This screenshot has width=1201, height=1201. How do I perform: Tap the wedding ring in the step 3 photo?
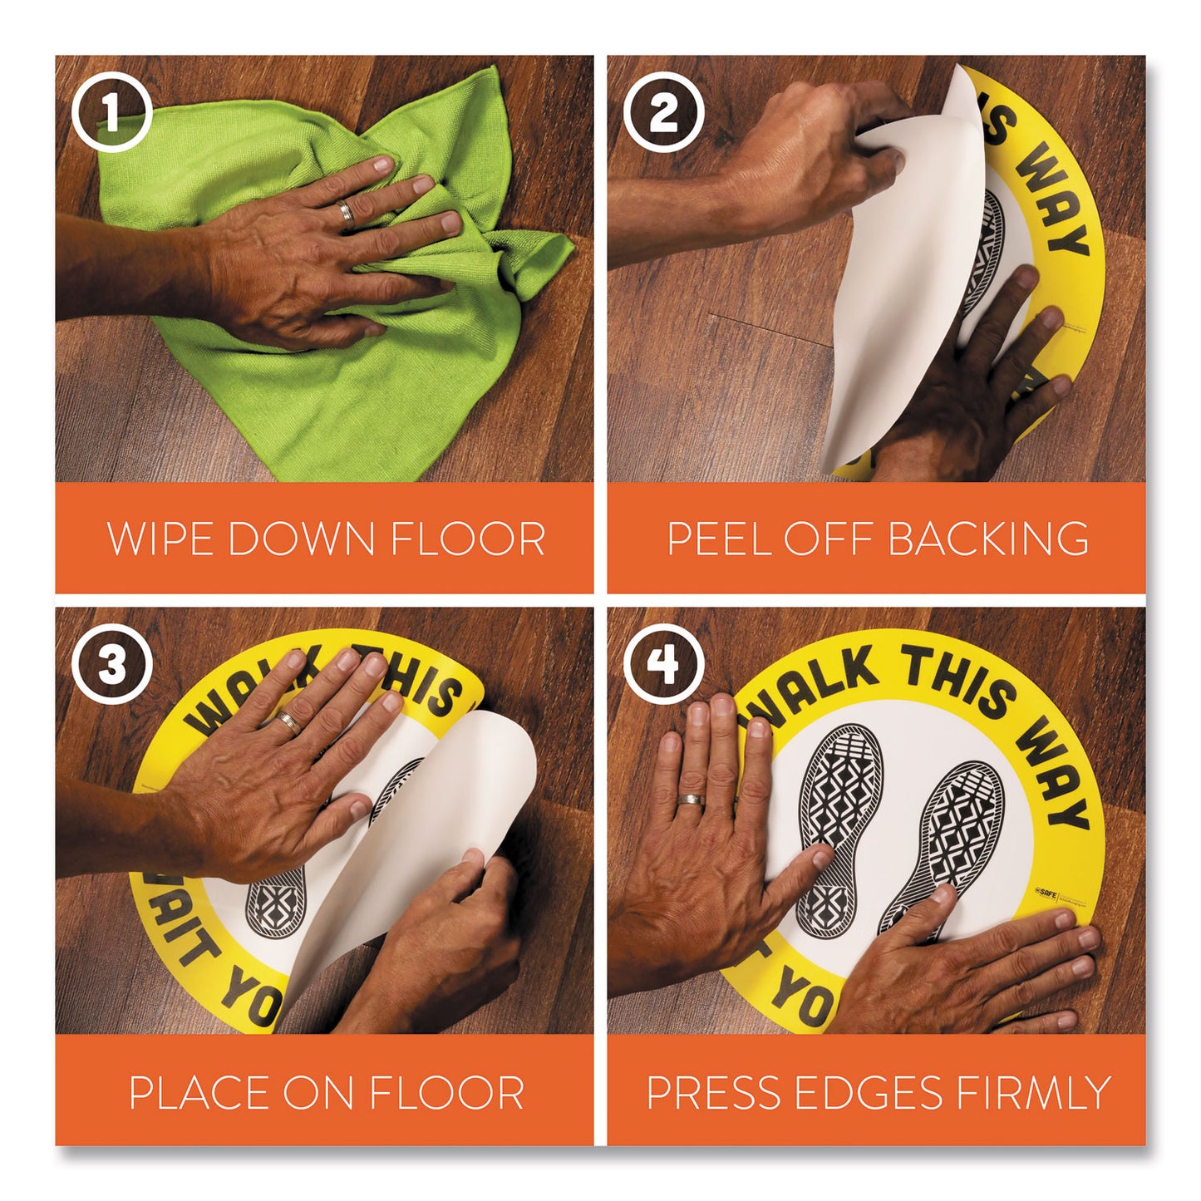coord(288,721)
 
